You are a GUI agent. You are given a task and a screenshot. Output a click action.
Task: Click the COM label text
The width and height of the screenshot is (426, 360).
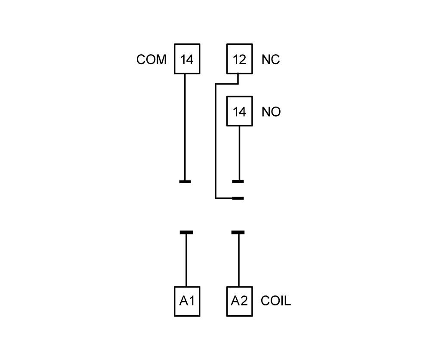(x=151, y=59)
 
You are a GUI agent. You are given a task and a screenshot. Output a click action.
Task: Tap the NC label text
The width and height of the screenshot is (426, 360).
(x=271, y=59)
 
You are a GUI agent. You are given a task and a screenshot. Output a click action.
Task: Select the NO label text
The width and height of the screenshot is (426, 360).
(x=271, y=111)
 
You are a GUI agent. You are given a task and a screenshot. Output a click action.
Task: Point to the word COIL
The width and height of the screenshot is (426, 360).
(x=276, y=301)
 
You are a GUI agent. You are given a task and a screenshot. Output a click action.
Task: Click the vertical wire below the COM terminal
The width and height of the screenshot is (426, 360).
(x=185, y=127)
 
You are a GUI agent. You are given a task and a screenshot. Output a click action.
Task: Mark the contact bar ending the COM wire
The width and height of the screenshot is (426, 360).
(x=185, y=182)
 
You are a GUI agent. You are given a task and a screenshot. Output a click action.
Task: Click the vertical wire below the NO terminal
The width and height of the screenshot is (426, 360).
(x=239, y=154)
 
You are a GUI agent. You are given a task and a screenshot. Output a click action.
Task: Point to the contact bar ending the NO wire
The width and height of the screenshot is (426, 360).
(x=238, y=182)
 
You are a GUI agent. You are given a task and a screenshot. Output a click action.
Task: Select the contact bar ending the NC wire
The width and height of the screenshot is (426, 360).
(x=238, y=198)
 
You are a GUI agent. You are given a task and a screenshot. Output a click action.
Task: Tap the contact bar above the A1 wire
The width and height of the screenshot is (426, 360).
(x=186, y=232)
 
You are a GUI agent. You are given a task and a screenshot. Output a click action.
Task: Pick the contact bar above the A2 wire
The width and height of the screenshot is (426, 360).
(x=238, y=232)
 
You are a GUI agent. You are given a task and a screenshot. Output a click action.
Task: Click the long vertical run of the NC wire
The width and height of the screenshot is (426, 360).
(x=216, y=141)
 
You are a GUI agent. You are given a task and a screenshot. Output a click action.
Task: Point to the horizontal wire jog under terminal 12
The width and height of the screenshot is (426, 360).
(x=227, y=84)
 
